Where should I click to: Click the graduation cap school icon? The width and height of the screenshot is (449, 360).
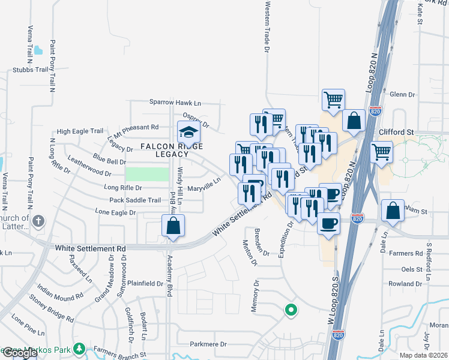pos(188,131)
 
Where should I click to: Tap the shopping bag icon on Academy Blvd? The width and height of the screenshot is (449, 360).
pos(173,226)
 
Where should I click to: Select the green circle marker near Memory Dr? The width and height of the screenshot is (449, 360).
pos(291,310)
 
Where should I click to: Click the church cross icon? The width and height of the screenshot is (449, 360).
pos(38,221)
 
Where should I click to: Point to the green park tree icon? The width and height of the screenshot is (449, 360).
pos(79,349)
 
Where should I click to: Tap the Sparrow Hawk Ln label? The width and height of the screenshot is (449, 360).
pos(175,103)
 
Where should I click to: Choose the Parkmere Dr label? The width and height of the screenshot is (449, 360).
pos(208,344)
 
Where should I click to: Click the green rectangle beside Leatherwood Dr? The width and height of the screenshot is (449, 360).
pos(147,174)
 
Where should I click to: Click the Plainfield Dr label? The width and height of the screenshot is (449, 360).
pos(145,283)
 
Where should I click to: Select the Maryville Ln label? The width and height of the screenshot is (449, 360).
pos(204,189)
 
